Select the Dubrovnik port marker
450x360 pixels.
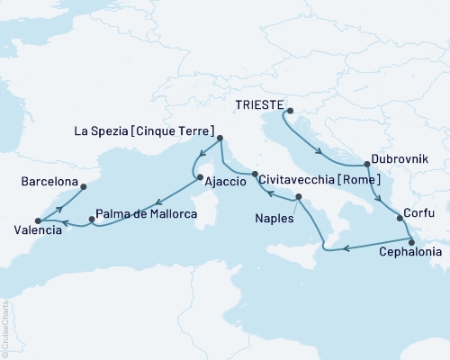click(x=366, y=165)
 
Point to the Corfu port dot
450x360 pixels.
click(x=400, y=218)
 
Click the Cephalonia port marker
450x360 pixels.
click(x=411, y=240)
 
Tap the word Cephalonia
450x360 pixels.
click(x=411, y=253)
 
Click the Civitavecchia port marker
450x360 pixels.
click(x=256, y=174)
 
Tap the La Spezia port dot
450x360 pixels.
click(x=220, y=140)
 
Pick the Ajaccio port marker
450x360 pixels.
click(x=198, y=177)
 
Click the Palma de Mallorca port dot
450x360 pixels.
click(x=92, y=219)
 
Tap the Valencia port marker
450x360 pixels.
click(x=37, y=220)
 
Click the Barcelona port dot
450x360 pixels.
click(x=82, y=187)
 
